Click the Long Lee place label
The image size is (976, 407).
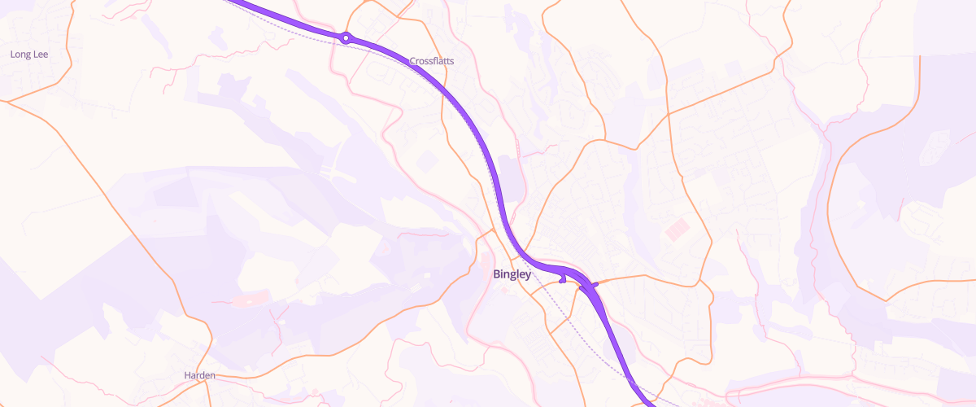click(x=29, y=55)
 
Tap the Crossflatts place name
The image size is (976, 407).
click(x=432, y=61)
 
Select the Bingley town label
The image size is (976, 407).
click(x=512, y=274)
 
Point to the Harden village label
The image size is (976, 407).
click(x=199, y=375)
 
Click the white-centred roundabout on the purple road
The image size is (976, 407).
click(x=346, y=37)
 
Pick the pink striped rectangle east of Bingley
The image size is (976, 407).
click(x=677, y=230)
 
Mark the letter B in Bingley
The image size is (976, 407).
click(x=496, y=274)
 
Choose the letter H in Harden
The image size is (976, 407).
click(x=187, y=375)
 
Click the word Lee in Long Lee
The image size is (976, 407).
click(x=41, y=55)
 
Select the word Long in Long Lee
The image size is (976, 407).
click(x=20, y=55)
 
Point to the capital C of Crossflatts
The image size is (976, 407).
click(x=412, y=61)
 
